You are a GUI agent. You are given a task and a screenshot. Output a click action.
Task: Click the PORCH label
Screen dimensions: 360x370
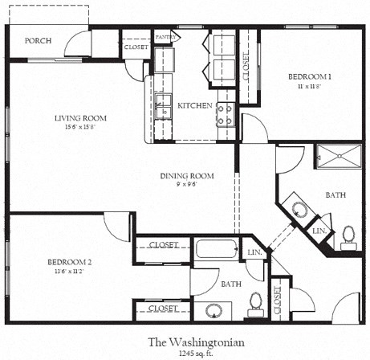(x=39, y=41)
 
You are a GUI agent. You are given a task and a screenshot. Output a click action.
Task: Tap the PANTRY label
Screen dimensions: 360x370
(x=165, y=37)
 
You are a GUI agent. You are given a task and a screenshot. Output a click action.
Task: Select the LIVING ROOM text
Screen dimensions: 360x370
(x=80, y=118)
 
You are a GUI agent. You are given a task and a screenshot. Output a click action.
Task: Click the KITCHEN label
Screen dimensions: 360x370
(x=194, y=105)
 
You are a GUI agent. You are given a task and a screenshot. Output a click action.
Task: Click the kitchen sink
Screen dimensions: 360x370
(x=164, y=104)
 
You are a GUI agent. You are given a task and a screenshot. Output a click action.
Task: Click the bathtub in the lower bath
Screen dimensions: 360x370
(x=217, y=248)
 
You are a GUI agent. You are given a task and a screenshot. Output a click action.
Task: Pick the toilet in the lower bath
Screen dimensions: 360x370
(x=256, y=302)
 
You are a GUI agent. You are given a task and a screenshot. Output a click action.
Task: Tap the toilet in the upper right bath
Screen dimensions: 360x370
(x=349, y=235)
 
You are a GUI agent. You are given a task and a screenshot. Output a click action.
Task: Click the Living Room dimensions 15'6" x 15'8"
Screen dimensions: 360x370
(x=80, y=127)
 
